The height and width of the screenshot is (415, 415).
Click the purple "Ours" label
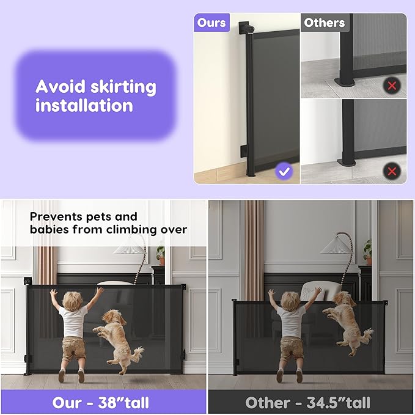tap(211, 23)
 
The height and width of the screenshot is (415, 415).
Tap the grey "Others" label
tap(324, 23)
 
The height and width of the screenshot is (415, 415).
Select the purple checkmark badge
tap(284, 171)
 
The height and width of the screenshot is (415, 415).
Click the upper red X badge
tap(392, 86)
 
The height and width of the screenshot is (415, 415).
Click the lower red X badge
tap(392, 171)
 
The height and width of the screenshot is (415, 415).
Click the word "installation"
tap(84, 105)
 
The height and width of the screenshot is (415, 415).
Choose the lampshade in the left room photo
tap(130, 246)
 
